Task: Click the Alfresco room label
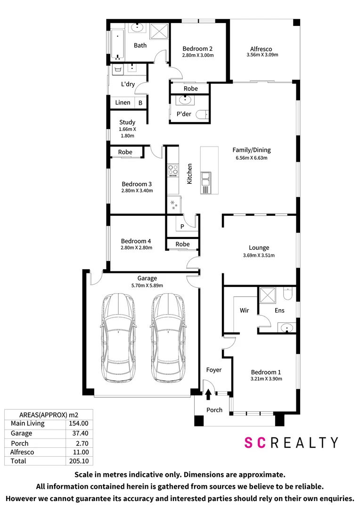click(261, 49)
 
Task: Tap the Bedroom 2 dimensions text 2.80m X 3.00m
click(198, 55)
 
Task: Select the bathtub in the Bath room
click(117, 45)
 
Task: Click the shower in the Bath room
click(159, 31)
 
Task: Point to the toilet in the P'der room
click(202, 115)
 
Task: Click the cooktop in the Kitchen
click(172, 170)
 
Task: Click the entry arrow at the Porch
click(208, 394)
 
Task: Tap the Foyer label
click(214, 370)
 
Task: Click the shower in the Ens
click(268, 295)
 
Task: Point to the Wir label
click(245, 310)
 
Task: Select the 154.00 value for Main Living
click(79, 423)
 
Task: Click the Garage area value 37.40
click(80, 434)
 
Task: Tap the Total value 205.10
click(79, 461)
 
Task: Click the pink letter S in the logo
click(249, 443)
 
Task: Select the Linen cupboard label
click(123, 103)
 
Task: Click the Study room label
click(127, 123)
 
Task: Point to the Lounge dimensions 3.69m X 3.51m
click(259, 255)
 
